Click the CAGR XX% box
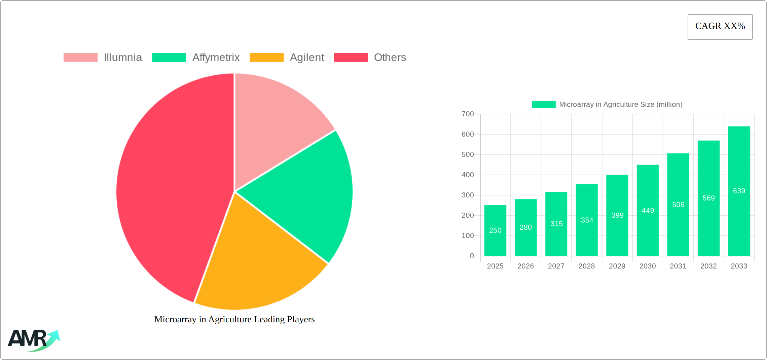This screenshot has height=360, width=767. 720,27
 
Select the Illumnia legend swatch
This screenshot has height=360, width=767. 80,58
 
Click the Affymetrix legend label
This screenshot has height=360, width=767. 216,58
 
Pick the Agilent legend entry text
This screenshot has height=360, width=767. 307,58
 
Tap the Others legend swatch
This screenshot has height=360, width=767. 351,58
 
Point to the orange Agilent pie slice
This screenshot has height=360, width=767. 256,262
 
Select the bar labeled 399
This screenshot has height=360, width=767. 617,215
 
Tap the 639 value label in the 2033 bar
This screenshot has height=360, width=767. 739,191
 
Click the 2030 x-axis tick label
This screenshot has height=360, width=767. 648,266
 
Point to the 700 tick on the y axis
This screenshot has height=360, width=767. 468,114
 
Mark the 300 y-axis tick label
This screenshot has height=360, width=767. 468,195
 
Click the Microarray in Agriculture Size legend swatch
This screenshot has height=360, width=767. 543,105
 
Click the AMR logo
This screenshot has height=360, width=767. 34,340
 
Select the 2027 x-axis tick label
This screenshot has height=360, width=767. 556,266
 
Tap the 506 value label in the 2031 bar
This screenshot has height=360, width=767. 678,205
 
